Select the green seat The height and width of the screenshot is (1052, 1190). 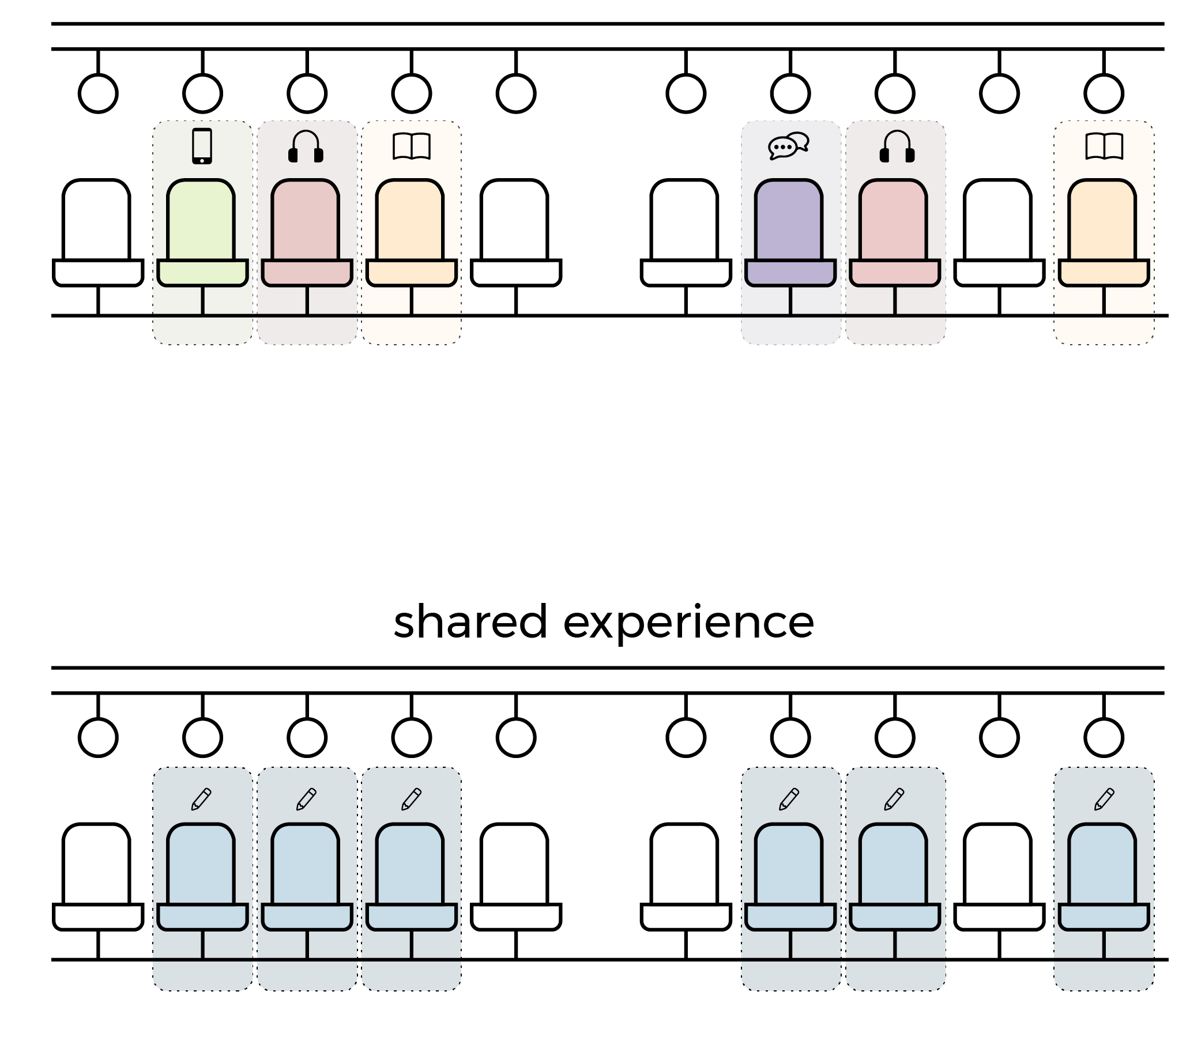201,233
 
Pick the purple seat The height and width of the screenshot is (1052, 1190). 789,233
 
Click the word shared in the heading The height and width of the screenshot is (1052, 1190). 470,622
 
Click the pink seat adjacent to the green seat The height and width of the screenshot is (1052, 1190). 306,233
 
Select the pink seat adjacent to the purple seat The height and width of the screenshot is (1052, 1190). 894,233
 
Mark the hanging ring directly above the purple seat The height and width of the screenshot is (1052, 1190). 790,93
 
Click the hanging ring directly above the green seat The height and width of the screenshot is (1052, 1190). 202,93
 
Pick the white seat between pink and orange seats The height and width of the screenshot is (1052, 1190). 999,233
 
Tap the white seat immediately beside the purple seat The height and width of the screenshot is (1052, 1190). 686,233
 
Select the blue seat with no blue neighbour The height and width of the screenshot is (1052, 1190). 1104,877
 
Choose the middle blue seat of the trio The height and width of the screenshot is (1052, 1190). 306,877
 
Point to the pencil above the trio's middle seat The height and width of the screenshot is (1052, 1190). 306,799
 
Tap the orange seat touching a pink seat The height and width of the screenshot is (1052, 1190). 411,233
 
